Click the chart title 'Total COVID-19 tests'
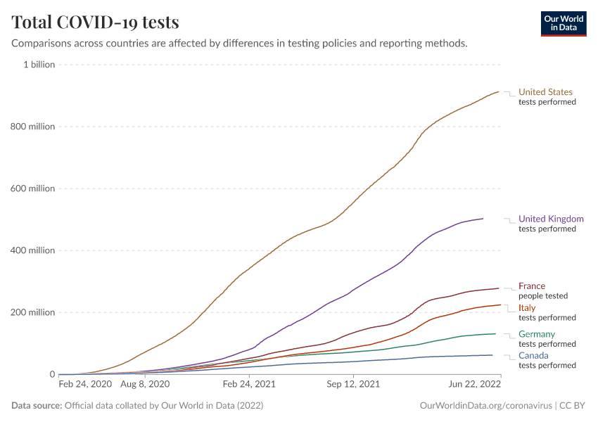tap(95, 22)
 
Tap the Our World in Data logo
tap(563, 23)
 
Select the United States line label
tap(545, 92)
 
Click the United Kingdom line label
tap(551, 219)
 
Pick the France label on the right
tap(532, 286)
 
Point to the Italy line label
tap(527, 308)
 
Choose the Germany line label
tap(537, 334)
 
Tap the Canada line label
tap(533, 355)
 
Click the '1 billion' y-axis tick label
tap(39, 65)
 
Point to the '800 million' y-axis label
tap(33, 127)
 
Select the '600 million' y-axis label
tap(33, 188)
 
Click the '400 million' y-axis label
tap(33, 250)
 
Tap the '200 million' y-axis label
tap(33, 312)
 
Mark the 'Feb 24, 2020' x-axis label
tap(85, 385)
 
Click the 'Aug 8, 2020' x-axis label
tap(145, 385)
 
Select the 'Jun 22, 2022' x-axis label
tap(475, 385)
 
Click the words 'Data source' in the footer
tap(36, 406)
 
